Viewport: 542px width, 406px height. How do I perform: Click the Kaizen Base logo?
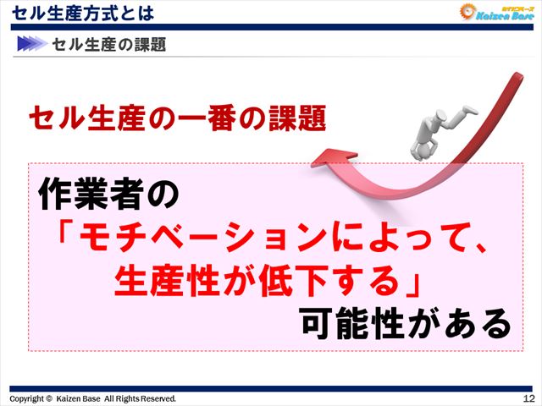(495, 13)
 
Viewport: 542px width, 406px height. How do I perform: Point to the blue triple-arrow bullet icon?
(30, 44)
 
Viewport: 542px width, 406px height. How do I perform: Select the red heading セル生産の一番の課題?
(177, 117)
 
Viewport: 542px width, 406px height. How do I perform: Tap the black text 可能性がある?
(406, 323)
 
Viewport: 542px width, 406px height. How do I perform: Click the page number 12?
(528, 398)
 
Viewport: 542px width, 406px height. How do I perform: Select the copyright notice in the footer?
(93, 398)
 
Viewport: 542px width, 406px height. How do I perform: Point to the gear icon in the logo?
(468, 12)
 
